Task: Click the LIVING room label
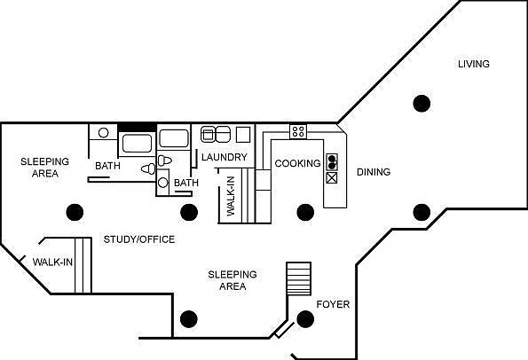point(474,64)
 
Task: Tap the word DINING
point(374,172)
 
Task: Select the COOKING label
point(297,163)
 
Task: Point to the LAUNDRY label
point(225,157)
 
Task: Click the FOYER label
point(333,304)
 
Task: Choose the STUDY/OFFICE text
point(139,239)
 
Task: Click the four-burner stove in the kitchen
point(298,131)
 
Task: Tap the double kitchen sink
point(332,162)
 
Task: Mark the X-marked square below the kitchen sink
point(332,177)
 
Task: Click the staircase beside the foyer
point(298,279)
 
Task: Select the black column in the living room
point(422,103)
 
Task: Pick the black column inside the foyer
point(305,319)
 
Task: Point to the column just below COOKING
point(305,212)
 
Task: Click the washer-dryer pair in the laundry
point(216,134)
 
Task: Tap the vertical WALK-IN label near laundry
point(231,196)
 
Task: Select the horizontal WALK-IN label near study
point(52,262)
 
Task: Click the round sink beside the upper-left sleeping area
point(103,132)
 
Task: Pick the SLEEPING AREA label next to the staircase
point(232,280)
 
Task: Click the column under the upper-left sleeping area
point(75,212)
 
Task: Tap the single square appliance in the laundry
point(243,135)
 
